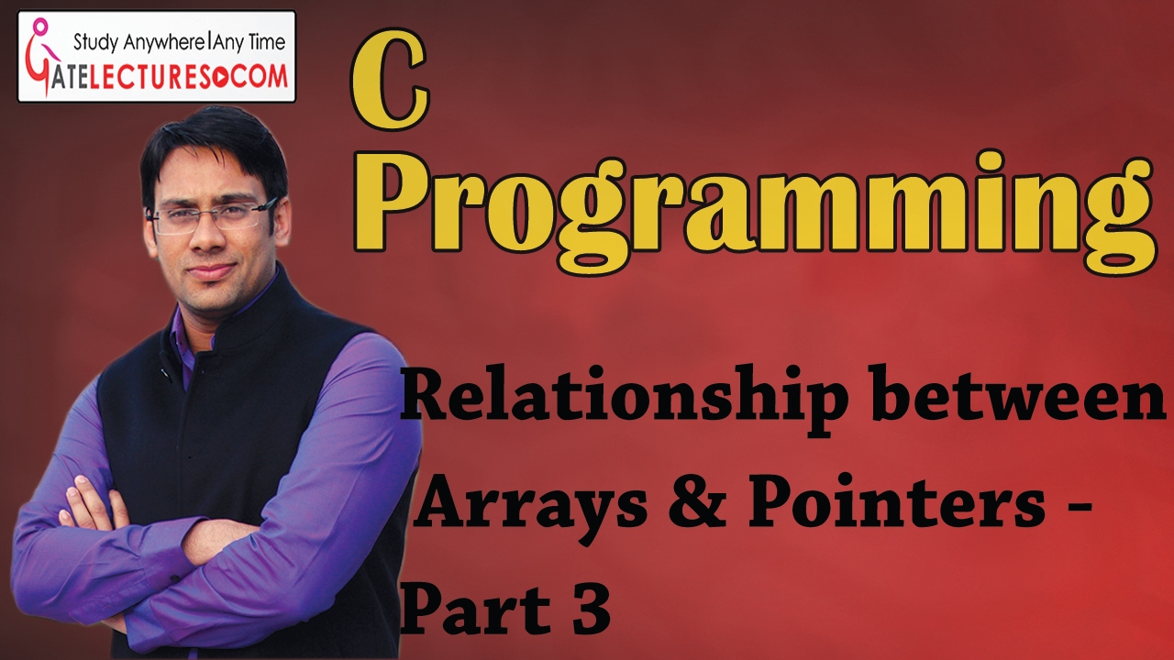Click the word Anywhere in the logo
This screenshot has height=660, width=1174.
pos(167,41)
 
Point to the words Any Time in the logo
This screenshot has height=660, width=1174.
pos(249,41)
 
